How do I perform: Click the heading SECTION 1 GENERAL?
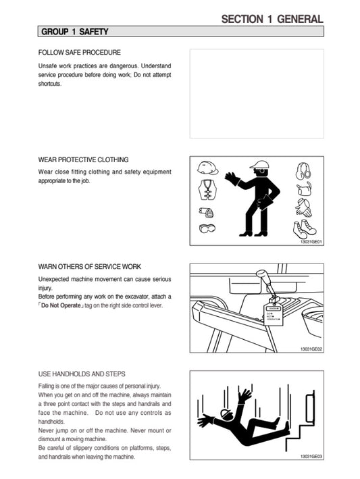coord(272,19)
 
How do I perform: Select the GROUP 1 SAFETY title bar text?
coord(75,32)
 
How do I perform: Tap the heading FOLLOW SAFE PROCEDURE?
coord(80,53)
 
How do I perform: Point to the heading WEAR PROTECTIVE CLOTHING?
coord(83,159)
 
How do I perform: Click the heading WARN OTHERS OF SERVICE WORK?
coord(89,267)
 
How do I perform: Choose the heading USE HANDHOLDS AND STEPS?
coord(82,374)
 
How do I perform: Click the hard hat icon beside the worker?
coord(207,168)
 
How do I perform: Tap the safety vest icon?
coord(207,189)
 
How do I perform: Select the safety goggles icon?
coord(207,228)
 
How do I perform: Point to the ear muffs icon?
coord(303,171)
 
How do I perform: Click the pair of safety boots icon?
coord(305,229)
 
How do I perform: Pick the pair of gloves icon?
coord(303,207)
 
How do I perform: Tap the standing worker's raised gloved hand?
coord(232,178)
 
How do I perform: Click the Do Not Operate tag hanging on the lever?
coord(274,315)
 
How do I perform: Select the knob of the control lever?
coord(261,275)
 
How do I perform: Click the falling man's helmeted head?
coord(226,414)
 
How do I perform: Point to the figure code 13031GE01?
coord(311,242)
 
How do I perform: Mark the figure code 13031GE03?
coord(311,457)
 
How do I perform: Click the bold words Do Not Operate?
coord(61,305)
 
